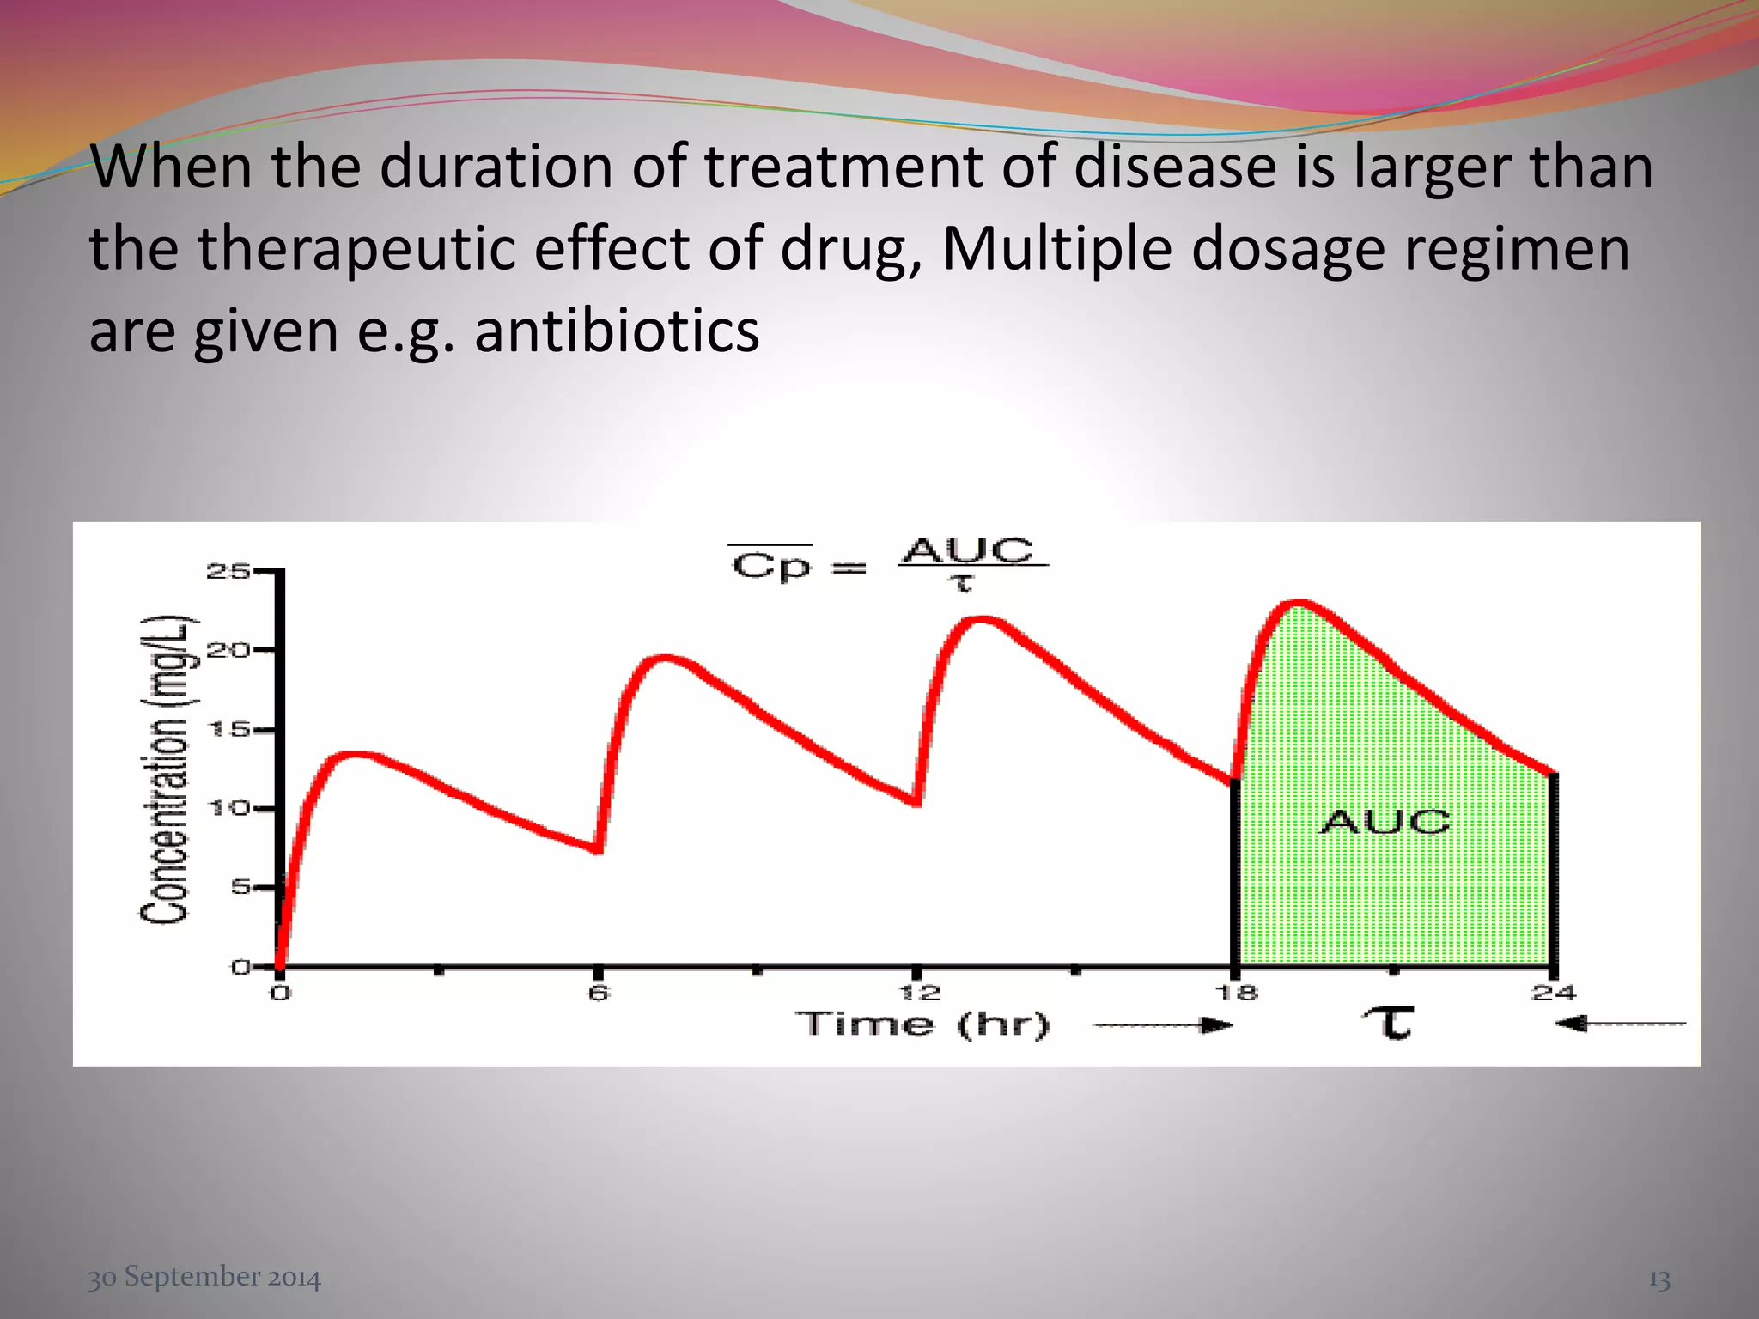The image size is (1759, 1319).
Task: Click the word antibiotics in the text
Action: pyautogui.click(x=617, y=331)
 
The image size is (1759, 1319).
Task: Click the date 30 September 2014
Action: pyautogui.click(x=204, y=1277)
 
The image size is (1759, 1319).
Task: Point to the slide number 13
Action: pyautogui.click(x=1659, y=1279)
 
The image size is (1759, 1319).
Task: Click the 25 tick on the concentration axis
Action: pyautogui.click(x=227, y=571)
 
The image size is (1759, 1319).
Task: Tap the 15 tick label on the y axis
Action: pyautogui.click(x=227, y=730)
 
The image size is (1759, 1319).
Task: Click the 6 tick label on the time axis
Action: pyautogui.click(x=598, y=994)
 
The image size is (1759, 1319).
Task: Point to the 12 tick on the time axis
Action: pyautogui.click(x=918, y=994)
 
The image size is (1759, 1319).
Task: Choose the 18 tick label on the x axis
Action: pyautogui.click(x=1236, y=994)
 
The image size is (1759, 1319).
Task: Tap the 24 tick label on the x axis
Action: pyautogui.click(x=1553, y=994)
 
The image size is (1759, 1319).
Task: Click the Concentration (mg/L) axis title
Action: pyautogui.click(x=165, y=769)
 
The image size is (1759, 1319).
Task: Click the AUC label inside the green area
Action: pyautogui.click(x=1384, y=822)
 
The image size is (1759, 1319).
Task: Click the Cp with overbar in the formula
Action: pyautogui.click(x=770, y=566)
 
